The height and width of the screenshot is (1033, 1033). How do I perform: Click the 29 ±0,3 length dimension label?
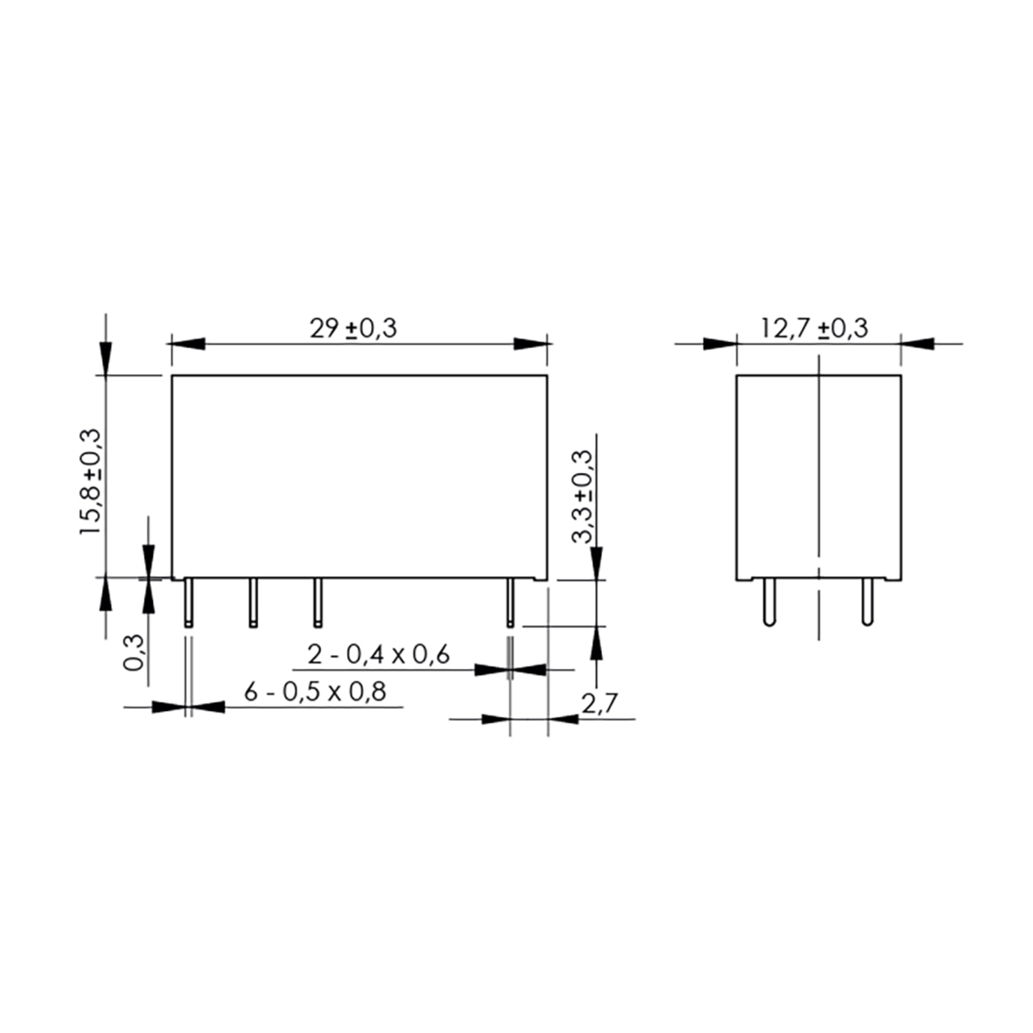click(353, 328)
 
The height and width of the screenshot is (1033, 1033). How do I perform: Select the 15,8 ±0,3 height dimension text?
click(90, 481)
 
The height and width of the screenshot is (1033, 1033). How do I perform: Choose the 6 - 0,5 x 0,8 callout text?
click(315, 692)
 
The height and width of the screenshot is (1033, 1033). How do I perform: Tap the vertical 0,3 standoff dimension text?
click(133, 653)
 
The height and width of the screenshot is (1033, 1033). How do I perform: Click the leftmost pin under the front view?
click(189, 603)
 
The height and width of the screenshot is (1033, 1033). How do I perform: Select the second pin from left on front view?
click(253, 603)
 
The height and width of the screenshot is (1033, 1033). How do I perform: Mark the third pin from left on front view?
click(318, 603)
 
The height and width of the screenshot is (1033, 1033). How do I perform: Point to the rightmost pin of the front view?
click(510, 603)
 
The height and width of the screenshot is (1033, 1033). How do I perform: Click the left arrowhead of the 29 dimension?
click(188, 344)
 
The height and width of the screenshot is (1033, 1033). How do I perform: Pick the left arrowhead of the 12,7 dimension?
click(720, 344)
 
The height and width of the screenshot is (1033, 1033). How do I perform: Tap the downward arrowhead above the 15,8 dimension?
click(106, 358)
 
